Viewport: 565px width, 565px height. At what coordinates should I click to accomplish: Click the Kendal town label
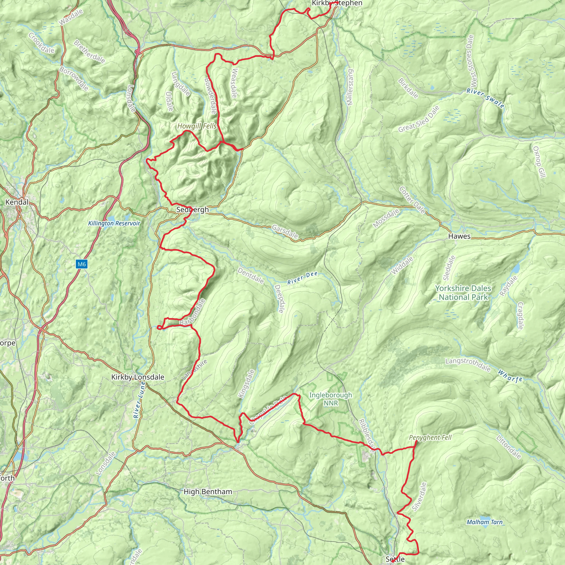click(17, 202)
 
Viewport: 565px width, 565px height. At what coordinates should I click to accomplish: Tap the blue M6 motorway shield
click(82, 264)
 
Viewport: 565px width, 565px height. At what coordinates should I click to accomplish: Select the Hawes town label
click(459, 236)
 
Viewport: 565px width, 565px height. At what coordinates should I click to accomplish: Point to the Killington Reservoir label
click(114, 223)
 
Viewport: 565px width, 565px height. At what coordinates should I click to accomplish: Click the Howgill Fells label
click(197, 126)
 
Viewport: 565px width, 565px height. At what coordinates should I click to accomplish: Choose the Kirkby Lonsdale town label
click(137, 377)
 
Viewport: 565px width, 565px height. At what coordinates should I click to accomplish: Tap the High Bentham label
click(208, 492)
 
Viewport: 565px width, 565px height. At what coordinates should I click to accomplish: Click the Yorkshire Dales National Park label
click(463, 293)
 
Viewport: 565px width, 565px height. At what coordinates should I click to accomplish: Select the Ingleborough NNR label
click(331, 399)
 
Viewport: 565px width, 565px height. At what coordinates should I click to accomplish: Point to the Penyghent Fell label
click(430, 438)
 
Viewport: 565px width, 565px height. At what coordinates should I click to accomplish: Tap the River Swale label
click(485, 98)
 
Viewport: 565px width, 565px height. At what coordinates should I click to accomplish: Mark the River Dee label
click(302, 278)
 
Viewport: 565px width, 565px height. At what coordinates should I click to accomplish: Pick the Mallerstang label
click(350, 87)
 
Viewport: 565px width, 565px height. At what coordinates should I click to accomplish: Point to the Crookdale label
click(42, 43)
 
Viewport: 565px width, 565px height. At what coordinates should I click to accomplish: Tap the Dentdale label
click(250, 276)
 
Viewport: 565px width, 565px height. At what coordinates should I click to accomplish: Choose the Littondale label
click(509, 447)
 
